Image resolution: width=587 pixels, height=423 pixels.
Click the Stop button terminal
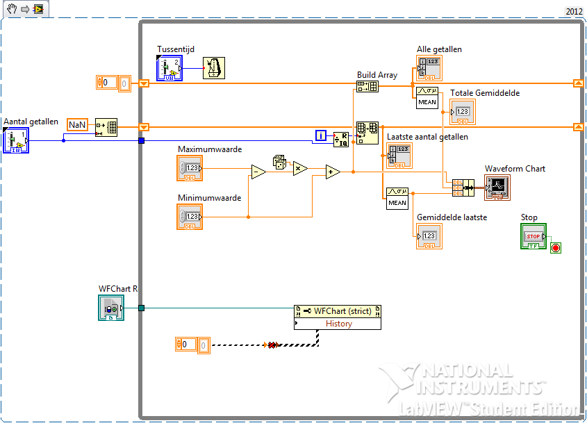pyautogui.click(x=534, y=236)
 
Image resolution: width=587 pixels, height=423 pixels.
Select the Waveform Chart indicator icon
pyautogui.click(x=497, y=186)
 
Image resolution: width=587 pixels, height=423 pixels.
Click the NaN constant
pyautogui.click(x=77, y=124)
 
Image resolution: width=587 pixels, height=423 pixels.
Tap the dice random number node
pyautogui.click(x=279, y=162)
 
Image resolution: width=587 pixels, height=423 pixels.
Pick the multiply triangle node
pyautogui.click(x=300, y=168)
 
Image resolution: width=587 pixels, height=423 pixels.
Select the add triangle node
pyautogui.click(x=333, y=172)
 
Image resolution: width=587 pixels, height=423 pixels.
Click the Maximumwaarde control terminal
pyautogui.click(x=190, y=168)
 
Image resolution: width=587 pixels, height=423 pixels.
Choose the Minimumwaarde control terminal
pyautogui.click(x=190, y=217)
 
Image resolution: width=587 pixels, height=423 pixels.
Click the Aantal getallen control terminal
pyautogui.click(x=15, y=139)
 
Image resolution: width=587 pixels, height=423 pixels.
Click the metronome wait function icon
pyautogui.click(x=214, y=68)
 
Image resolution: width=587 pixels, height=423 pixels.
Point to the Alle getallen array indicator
pyautogui.click(x=429, y=68)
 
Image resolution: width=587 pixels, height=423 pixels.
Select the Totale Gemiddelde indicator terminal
pyautogui.click(x=463, y=111)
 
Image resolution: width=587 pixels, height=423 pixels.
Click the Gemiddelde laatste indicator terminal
pyautogui.click(x=429, y=236)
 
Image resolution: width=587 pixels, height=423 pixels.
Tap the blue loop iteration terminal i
pyautogui.click(x=320, y=135)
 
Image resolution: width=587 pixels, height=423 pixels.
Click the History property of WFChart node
pyautogui.click(x=338, y=324)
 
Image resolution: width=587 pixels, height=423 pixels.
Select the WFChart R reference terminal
pyautogui.click(x=111, y=308)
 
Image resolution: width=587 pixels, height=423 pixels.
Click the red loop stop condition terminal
pyautogui.click(x=555, y=248)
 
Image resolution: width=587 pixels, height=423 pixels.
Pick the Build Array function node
pyautogui.click(x=367, y=86)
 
